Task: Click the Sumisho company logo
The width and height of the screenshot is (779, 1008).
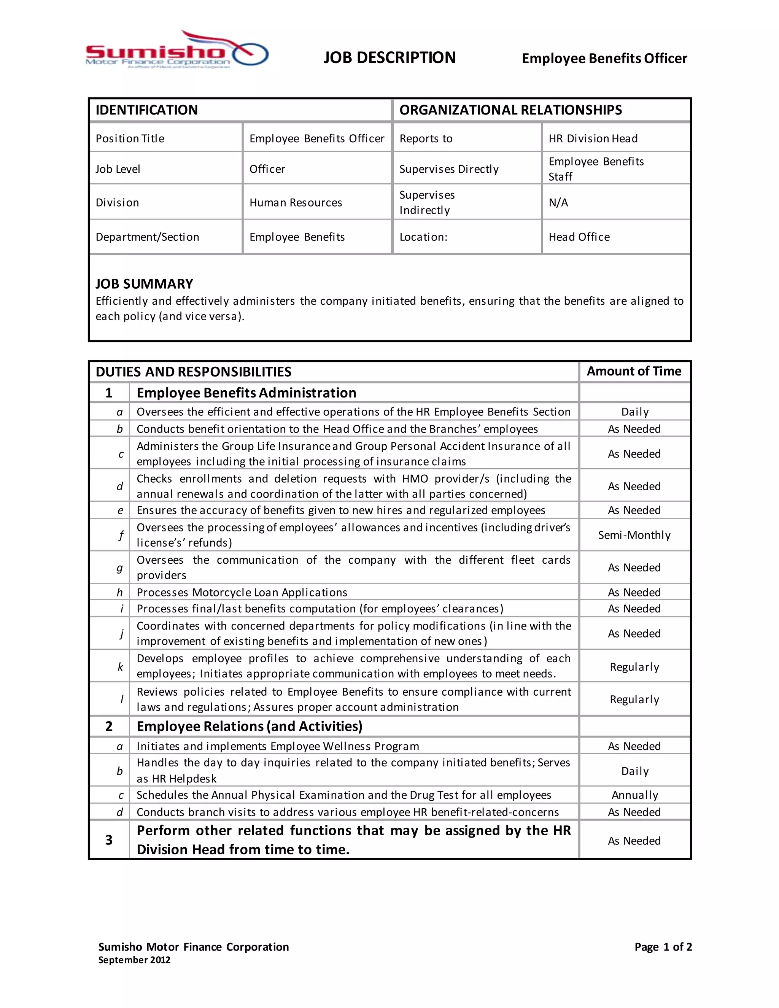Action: click(177, 51)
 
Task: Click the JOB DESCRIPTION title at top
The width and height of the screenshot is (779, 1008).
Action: click(389, 58)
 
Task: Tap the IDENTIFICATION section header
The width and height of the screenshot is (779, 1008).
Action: click(147, 110)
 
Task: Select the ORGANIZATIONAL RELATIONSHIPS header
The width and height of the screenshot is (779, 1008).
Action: click(510, 110)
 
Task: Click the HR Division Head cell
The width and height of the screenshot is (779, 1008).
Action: click(593, 138)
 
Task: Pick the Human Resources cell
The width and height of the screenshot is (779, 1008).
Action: click(296, 203)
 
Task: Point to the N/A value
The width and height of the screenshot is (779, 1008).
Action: click(558, 203)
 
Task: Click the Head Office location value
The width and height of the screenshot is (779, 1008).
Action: click(579, 237)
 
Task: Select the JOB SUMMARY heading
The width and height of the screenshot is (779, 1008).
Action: click(145, 283)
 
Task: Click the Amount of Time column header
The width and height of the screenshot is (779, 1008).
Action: click(634, 371)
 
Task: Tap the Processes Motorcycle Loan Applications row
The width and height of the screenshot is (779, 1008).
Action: click(242, 592)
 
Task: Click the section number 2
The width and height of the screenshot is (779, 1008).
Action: click(109, 726)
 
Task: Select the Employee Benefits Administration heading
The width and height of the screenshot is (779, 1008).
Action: click(246, 393)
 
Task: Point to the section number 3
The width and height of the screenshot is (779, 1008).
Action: click(109, 839)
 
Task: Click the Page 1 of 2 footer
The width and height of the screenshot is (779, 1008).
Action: click(663, 947)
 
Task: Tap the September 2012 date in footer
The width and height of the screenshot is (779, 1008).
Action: click(134, 960)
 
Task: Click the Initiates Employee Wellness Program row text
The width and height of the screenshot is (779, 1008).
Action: click(278, 746)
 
